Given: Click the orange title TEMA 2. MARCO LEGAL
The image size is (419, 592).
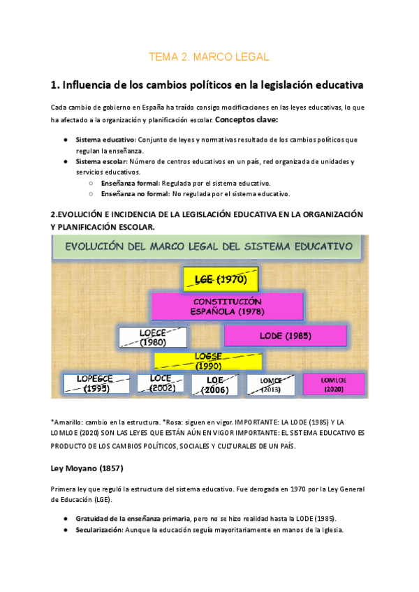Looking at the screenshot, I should (209, 57).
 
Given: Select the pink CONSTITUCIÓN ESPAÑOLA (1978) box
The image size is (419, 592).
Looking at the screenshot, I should (227, 306).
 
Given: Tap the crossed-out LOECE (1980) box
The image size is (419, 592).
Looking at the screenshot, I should (153, 338).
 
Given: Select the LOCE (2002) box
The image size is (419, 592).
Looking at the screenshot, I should (161, 383).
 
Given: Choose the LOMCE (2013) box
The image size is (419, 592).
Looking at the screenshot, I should (271, 385).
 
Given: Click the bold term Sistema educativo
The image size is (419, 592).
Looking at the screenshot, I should (105, 140).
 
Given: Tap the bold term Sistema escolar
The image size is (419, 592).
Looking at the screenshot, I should (101, 161).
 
